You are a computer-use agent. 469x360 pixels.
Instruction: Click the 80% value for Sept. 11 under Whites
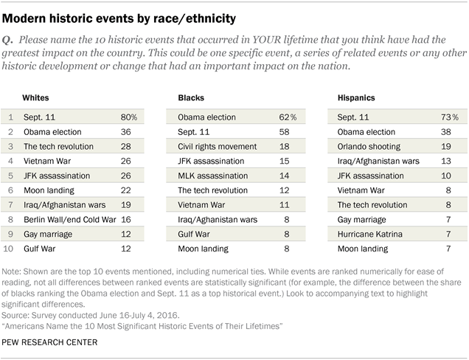coord(130,117)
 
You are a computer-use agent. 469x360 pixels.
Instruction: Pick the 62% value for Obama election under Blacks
coord(288,117)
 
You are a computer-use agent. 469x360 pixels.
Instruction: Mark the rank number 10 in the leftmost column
coord(10,249)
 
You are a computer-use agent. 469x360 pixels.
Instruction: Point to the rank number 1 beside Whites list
coord(10,117)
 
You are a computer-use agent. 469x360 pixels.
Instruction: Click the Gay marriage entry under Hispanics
coord(358,219)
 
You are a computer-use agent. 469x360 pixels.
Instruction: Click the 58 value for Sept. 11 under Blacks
coord(286,131)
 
